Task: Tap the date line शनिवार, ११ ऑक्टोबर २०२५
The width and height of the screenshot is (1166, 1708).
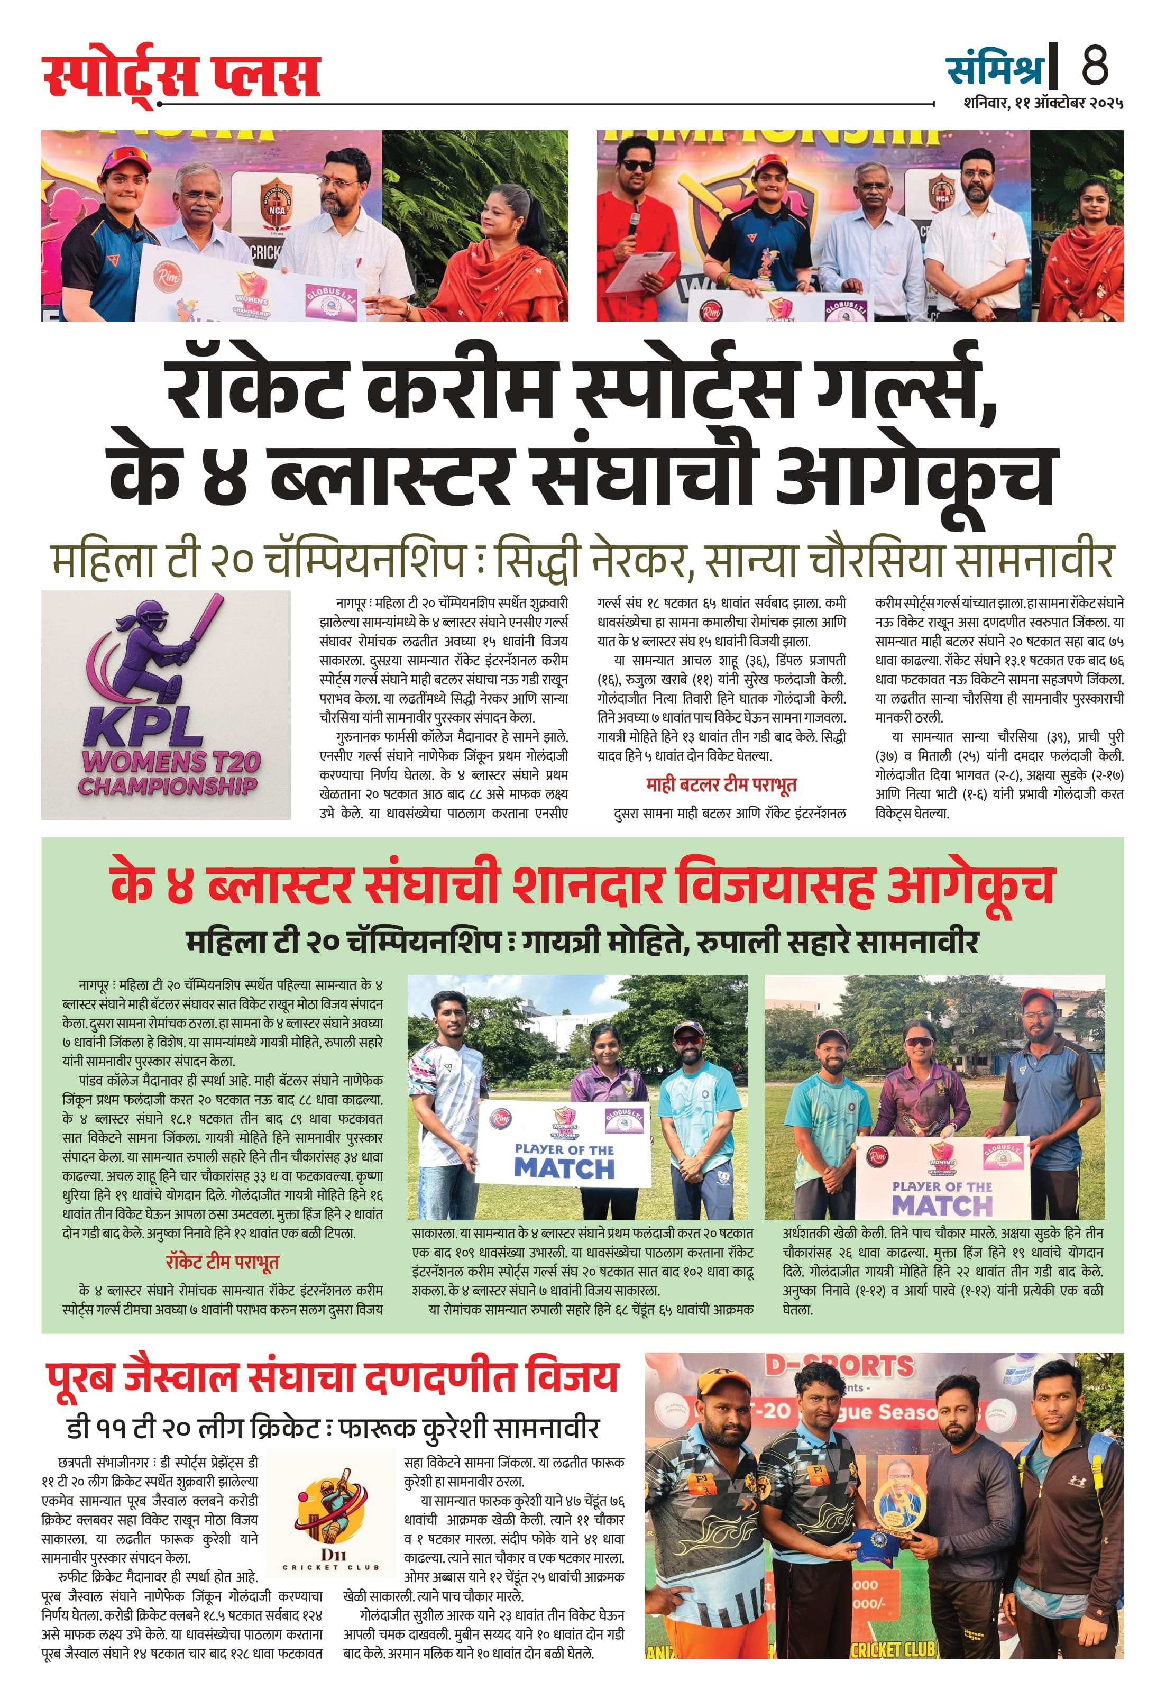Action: click(1043, 103)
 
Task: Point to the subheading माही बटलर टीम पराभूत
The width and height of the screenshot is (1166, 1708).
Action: click(721, 784)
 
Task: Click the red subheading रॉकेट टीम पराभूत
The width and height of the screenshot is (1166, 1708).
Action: click(222, 1263)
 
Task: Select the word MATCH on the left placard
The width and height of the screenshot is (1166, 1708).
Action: click(564, 1168)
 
